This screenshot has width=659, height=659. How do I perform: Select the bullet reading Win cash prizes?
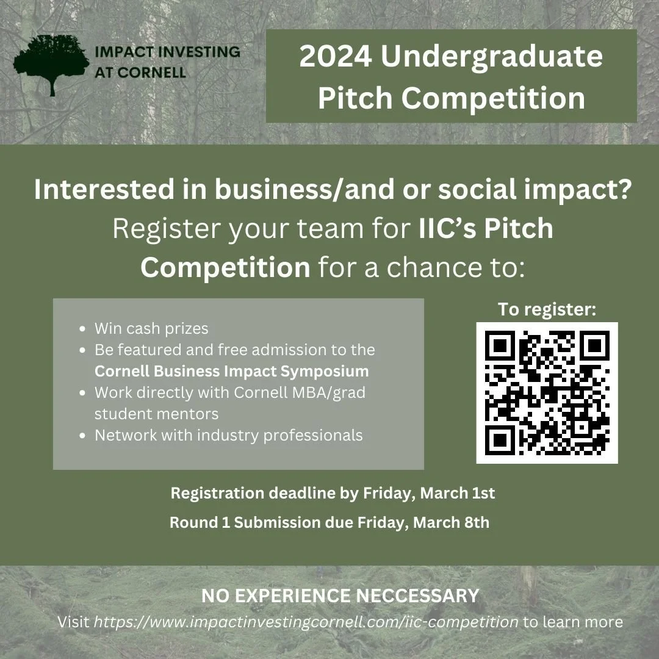[x=151, y=328]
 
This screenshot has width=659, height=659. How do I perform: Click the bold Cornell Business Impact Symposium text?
[x=231, y=371]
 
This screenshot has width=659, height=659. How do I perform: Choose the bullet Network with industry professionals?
[x=228, y=435]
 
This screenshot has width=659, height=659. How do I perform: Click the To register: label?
[x=547, y=309]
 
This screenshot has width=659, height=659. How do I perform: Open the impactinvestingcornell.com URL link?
[x=306, y=622]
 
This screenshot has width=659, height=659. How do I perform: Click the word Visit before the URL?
[x=74, y=622]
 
